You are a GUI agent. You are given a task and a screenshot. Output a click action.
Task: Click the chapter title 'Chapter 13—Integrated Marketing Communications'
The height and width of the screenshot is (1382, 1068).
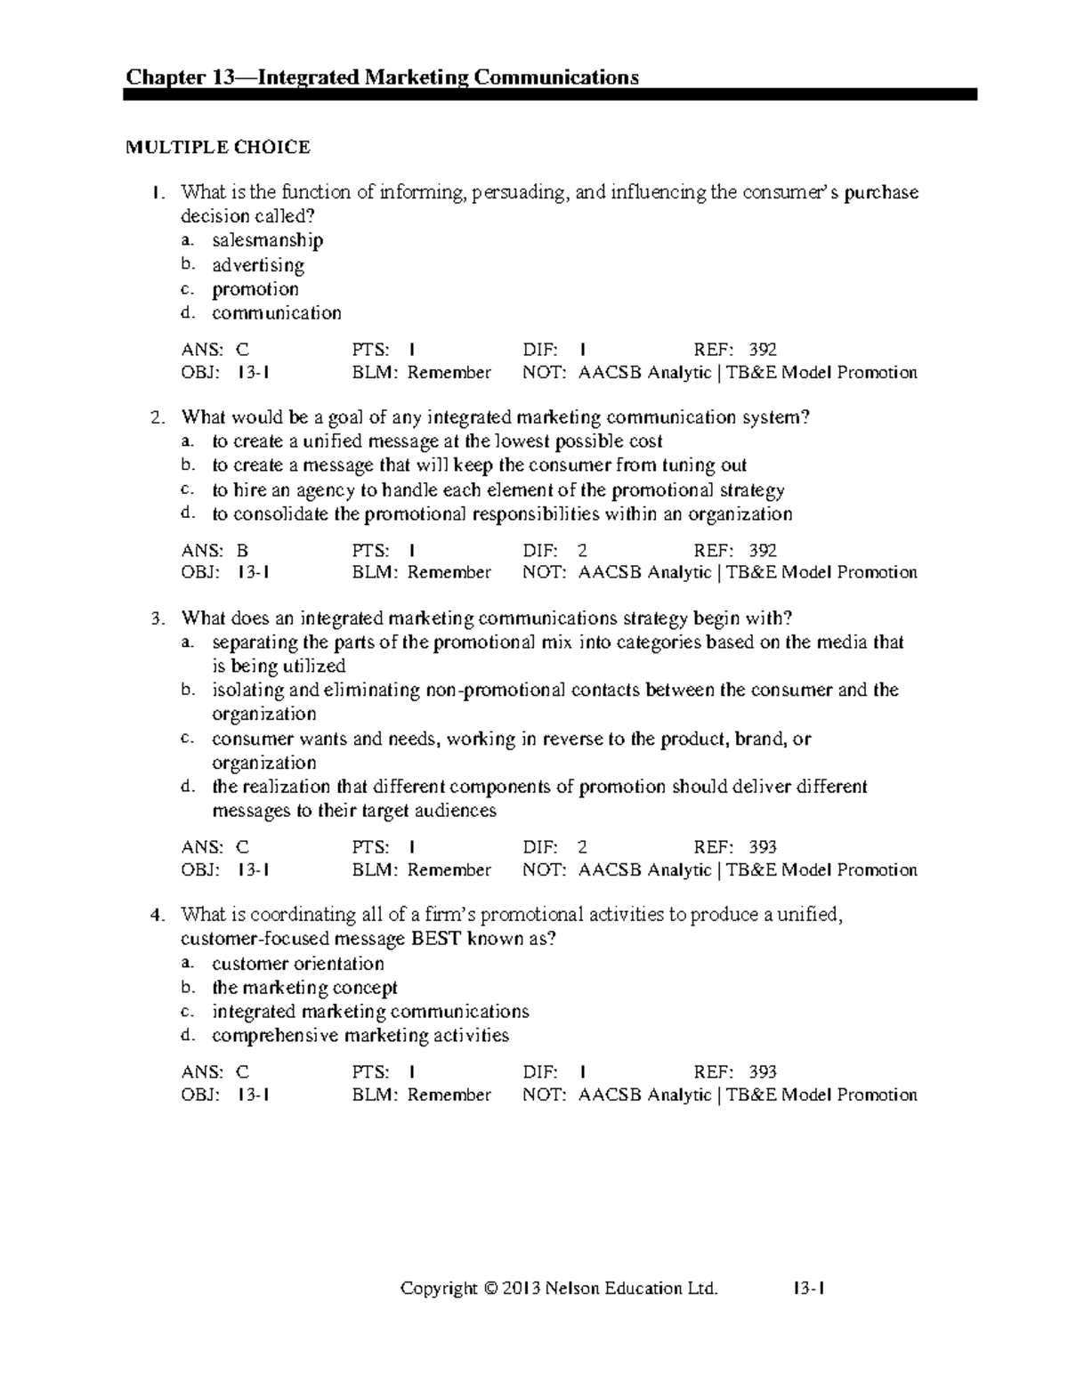[383, 77]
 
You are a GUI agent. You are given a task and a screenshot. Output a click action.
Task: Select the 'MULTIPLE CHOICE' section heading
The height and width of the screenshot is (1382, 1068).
[218, 148]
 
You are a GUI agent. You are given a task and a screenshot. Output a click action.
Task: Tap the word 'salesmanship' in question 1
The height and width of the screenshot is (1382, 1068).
[267, 240]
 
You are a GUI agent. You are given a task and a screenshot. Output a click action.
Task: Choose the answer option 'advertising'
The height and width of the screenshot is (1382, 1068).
[258, 265]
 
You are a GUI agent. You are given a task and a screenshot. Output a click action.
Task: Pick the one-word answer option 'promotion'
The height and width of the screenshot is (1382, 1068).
[255, 289]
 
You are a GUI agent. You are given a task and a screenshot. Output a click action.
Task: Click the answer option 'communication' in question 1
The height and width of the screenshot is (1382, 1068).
[276, 313]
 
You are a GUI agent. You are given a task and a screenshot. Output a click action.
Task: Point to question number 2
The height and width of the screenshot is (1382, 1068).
[158, 417]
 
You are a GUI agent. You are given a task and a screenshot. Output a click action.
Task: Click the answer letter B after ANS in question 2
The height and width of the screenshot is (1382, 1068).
[242, 551]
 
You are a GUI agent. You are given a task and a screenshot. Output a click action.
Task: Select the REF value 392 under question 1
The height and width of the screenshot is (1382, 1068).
[763, 350]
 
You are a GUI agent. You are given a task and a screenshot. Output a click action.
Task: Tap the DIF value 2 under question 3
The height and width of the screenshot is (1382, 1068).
[582, 847]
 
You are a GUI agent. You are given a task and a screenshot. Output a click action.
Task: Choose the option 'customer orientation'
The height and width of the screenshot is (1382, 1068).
[298, 964]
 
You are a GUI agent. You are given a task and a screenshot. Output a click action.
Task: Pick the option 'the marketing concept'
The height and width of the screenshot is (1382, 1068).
[304, 988]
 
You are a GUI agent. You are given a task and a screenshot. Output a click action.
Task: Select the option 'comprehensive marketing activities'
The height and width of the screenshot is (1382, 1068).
[360, 1036]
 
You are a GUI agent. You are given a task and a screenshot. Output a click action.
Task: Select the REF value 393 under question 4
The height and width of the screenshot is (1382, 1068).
[763, 1072]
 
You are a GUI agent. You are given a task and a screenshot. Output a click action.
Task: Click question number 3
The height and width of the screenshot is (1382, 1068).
[158, 618]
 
